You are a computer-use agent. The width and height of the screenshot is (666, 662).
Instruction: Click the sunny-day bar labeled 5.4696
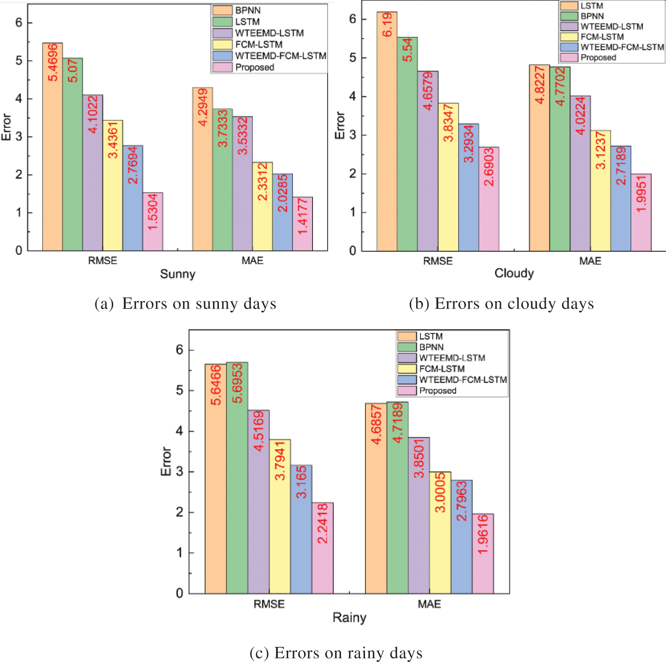tap(52, 147)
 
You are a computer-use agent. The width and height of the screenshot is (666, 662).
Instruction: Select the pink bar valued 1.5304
tap(153, 222)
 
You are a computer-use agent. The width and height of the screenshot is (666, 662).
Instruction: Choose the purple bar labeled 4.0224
tap(580, 173)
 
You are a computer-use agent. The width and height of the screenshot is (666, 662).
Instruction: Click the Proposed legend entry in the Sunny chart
tap(254, 67)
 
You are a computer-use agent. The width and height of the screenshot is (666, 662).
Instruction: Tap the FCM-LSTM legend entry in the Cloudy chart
tap(602, 37)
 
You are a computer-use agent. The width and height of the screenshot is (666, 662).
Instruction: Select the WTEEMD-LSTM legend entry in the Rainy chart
tap(452, 358)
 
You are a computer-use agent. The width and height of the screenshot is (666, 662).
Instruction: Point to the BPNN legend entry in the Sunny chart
tap(248, 10)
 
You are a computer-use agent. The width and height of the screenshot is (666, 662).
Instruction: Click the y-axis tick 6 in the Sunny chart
tap(19, 23)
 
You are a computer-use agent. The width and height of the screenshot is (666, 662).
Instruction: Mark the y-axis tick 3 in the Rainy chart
tap(179, 472)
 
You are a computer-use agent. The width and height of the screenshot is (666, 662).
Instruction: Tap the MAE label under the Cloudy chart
tap(590, 261)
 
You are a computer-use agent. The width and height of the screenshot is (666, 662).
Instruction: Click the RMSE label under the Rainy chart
tap(269, 604)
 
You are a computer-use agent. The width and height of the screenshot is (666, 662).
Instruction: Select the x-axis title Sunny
tap(178, 274)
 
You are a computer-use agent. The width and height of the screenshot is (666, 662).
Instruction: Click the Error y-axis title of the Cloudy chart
tap(340, 126)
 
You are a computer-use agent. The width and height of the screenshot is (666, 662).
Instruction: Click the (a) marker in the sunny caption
tap(104, 304)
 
